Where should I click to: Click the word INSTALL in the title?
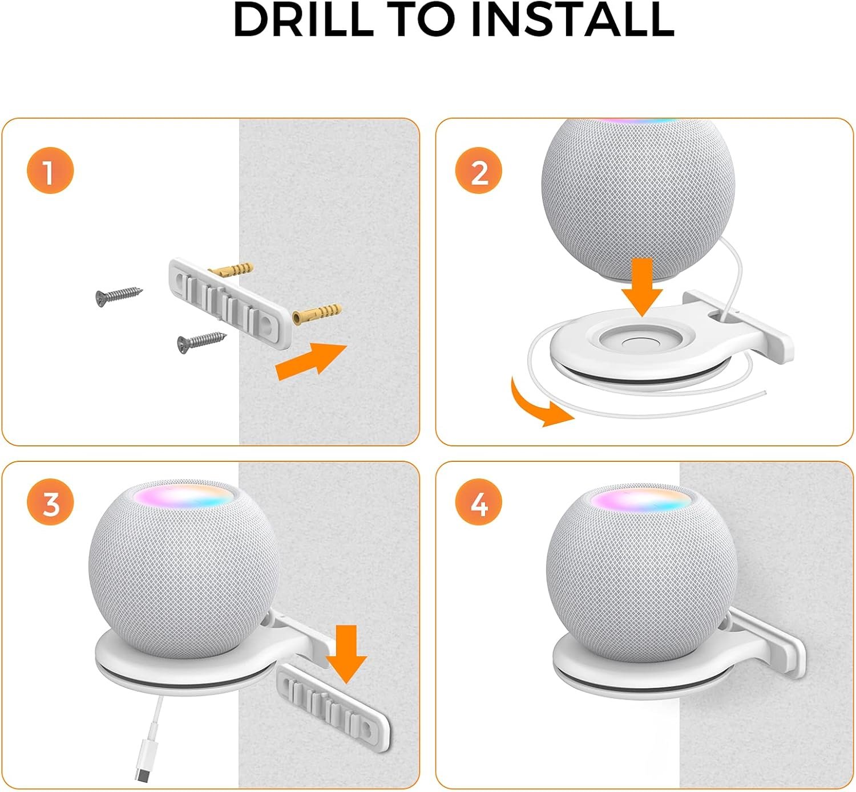point(574,19)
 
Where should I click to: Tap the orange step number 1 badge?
point(50,170)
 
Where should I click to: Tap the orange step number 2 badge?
point(478,170)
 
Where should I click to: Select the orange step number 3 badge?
point(50,502)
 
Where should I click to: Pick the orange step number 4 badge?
point(478,502)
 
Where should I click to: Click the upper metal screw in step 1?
point(119,296)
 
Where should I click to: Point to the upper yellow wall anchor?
point(231,270)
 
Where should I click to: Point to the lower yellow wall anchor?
point(317,313)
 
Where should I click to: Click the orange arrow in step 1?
point(311,361)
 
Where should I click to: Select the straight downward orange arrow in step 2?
point(642,287)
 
